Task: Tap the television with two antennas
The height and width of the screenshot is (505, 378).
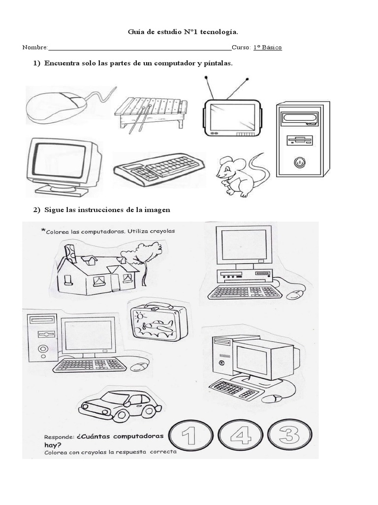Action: click(x=232, y=116)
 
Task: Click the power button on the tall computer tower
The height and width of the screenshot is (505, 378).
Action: click(x=299, y=161)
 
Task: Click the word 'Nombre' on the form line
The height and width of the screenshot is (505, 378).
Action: click(x=34, y=48)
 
